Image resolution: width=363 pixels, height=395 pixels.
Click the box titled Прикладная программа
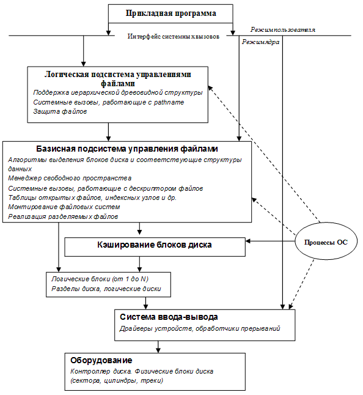click(170, 13)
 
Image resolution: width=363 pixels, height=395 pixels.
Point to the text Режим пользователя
click(282, 29)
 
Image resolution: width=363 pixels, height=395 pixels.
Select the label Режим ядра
click(261, 43)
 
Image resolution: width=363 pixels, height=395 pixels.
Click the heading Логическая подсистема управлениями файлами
click(118, 78)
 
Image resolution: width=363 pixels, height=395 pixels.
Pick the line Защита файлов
click(60, 112)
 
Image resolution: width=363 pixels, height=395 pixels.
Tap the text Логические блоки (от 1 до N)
click(100, 278)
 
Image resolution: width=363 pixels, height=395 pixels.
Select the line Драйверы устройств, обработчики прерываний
click(199, 328)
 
